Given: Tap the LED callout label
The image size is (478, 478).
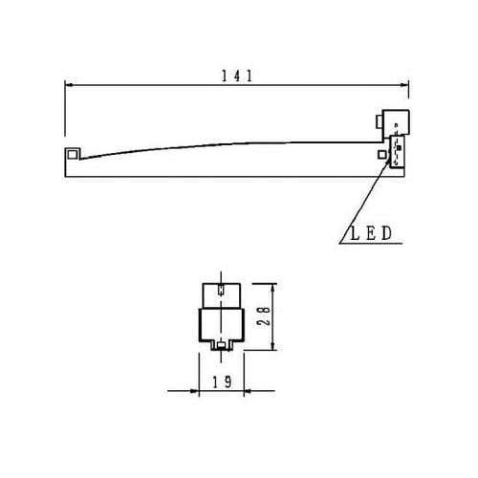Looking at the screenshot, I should click(x=364, y=232).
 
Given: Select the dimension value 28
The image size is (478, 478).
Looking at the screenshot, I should click(x=270, y=316).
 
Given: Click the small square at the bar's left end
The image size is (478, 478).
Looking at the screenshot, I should click(x=73, y=154).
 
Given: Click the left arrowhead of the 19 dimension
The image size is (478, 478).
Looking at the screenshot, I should click(x=194, y=390).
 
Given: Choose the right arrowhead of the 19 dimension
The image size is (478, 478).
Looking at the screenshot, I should click(x=246, y=390).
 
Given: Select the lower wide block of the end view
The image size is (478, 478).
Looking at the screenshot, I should click(x=221, y=324).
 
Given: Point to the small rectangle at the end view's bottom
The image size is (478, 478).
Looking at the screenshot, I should click(x=221, y=345).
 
